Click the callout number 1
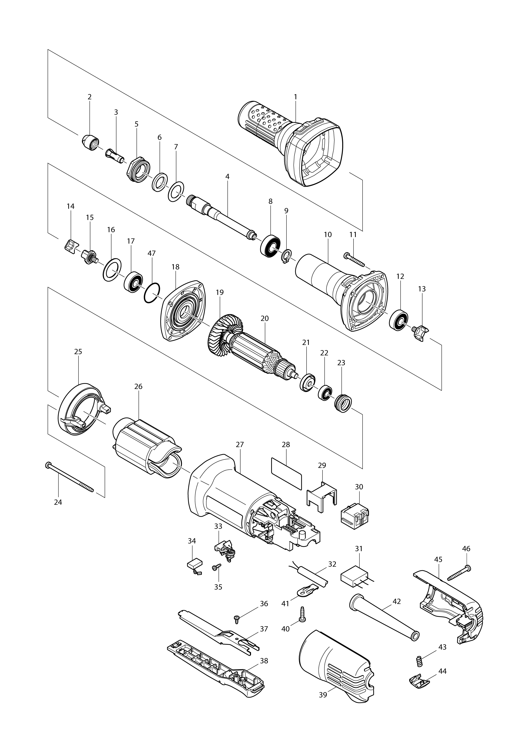coord(295,97)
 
